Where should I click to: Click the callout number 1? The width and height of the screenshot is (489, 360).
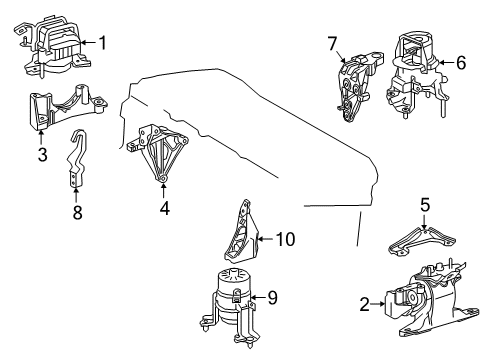click(100, 43)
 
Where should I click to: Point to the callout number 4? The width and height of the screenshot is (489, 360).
click(164, 210)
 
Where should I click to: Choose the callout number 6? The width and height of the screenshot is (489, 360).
click(461, 61)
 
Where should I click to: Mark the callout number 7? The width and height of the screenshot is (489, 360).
click(332, 43)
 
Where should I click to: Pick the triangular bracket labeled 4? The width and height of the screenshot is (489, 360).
click(157, 151)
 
